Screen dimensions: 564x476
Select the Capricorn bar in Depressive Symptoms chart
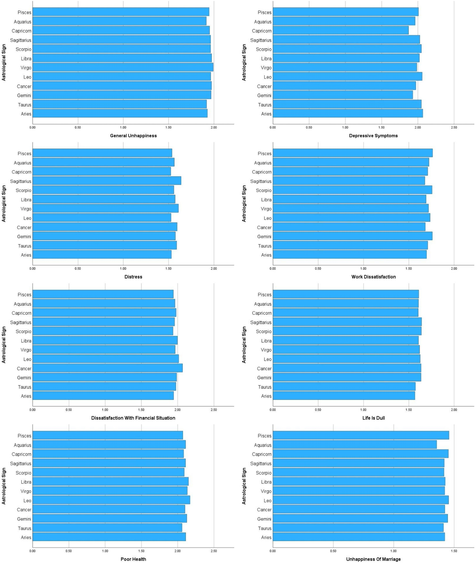340,30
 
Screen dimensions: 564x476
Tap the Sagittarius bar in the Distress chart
107,181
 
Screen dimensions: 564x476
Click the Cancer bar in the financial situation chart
107,368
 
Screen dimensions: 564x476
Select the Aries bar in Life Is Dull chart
344,395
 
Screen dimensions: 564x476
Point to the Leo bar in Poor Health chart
111,500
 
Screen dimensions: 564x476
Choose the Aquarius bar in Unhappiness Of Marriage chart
355,445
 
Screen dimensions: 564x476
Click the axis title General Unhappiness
133,136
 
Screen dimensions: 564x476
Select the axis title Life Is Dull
374,418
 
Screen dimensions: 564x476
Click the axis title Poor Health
133,559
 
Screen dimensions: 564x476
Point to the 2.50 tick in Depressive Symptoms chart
454,127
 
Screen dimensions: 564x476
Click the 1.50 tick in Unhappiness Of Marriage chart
454,551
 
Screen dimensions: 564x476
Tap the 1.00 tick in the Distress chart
123,269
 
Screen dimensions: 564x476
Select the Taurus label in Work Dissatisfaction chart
264,246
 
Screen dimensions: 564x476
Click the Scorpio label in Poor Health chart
23,472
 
